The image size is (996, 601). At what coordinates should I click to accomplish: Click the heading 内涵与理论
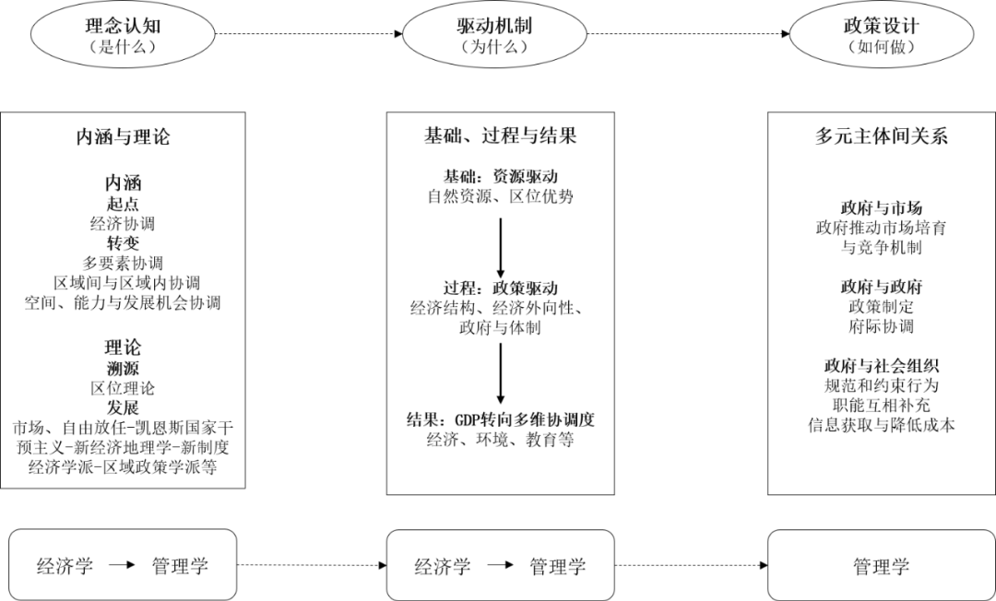pyautogui.click(x=123, y=136)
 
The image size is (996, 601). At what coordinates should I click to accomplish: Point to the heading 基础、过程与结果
pyautogui.click(x=501, y=136)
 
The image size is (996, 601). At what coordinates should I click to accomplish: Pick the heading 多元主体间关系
pyautogui.click(x=881, y=136)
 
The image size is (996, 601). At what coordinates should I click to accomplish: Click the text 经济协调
pyautogui.click(x=123, y=223)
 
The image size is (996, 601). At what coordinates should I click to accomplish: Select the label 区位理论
pyautogui.click(x=123, y=388)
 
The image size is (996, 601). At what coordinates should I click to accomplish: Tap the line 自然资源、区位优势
pyautogui.click(x=501, y=196)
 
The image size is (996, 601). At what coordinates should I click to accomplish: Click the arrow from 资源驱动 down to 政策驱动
pyautogui.click(x=501, y=248)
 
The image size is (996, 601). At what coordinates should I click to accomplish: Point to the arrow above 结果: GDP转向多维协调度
pyautogui.click(x=501, y=373)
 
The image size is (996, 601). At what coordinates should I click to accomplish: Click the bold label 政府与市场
pyautogui.click(x=881, y=207)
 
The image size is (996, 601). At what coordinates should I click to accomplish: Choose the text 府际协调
pyautogui.click(x=881, y=326)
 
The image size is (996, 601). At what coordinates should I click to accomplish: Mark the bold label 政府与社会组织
pyautogui.click(x=881, y=366)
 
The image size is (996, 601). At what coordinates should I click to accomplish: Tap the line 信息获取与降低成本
pyautogui.click(x=881, y=425)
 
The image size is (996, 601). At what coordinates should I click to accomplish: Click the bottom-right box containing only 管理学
pyautogui.click(x=881, y=565)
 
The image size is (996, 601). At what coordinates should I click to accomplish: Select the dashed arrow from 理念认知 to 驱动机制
pyautogui.click(x=309, y=33)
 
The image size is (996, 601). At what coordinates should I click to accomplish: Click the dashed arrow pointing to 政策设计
pyautogui.click(x=688, y=33)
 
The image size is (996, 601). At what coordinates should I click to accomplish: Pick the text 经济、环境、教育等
pyautogui.click(x=501, y=439)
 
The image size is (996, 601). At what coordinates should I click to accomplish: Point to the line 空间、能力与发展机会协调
pyautogui.click(x=123, y=302)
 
